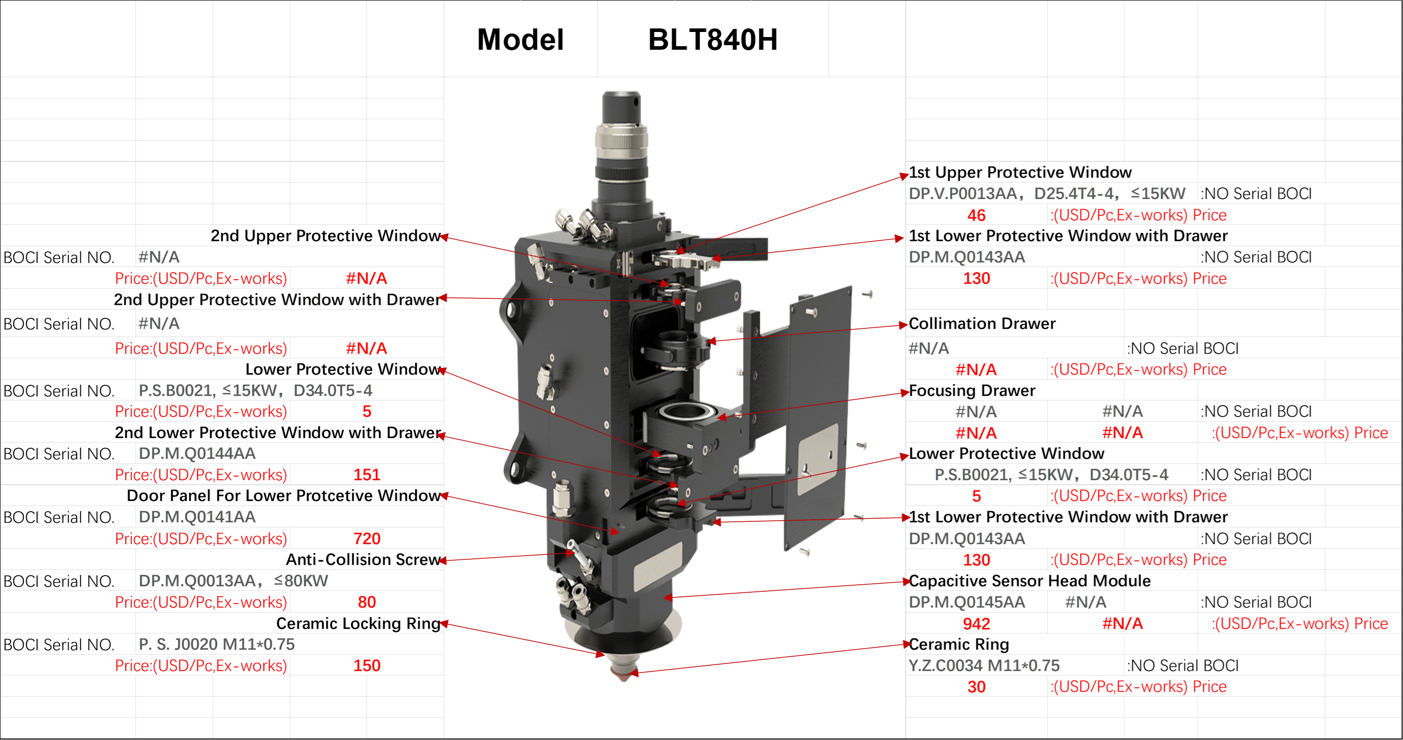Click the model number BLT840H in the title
tap(712, 40)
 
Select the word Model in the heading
tap(520, 40)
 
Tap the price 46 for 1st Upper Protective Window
tap(976, 215)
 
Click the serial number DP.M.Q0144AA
tap(196, 454)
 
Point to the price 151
tap(366, 475)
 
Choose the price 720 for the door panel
tap(366, 539)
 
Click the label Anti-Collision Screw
tap(363, 559)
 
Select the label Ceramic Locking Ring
tap(358, 623)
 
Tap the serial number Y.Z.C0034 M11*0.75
tap(984, 665)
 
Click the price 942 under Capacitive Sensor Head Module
tap(976, 623)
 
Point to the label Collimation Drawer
tap(982, 323)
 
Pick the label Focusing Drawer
tap(972, 390)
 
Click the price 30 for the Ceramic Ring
tap(976, 687)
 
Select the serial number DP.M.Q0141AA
tap(196, 517)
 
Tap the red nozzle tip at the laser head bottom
tap(624, 674)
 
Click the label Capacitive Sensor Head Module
tap(1029, 581)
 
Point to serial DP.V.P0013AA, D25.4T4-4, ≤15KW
tap(1046, 194)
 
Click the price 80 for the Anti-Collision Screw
tap(366, 602)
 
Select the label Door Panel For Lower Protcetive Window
tap(283, 495)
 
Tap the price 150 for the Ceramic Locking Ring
tap(366, 665)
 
